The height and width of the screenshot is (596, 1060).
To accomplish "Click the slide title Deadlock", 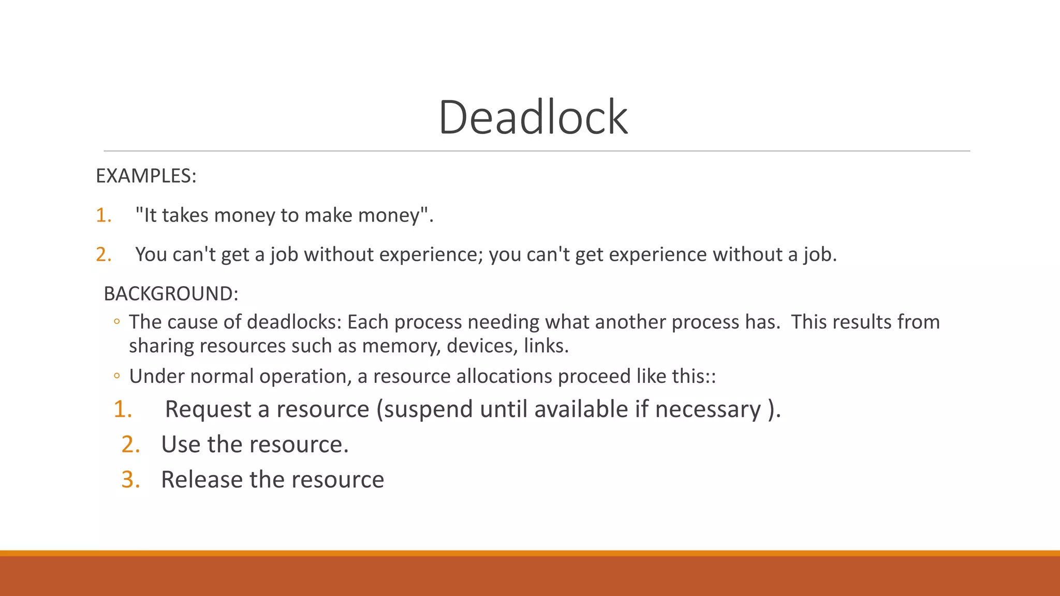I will click(x=533, y=117).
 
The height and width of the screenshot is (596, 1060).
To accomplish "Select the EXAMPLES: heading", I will click(x=146, y=176).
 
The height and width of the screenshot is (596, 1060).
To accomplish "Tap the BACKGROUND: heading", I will click(x=171, y=294).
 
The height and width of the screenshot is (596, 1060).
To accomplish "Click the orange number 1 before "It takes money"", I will click(x=103, y=215).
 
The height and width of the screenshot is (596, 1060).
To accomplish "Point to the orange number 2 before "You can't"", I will click(x=103, y=255).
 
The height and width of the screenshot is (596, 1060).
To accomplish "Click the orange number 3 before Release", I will click(x=130, y=480).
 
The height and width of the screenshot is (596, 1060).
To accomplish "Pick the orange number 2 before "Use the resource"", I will click(x=130, y=444).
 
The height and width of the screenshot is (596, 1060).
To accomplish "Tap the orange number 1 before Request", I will click(x=123, y=409).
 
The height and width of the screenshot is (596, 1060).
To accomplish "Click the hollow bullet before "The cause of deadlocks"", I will click(x=117, y=322).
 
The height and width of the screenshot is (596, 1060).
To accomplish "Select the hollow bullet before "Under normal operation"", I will click(x=117, y=376).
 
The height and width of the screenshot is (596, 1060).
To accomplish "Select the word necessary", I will click(x=708, y=410).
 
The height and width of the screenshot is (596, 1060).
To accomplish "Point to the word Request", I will click(x=208, y=410).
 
